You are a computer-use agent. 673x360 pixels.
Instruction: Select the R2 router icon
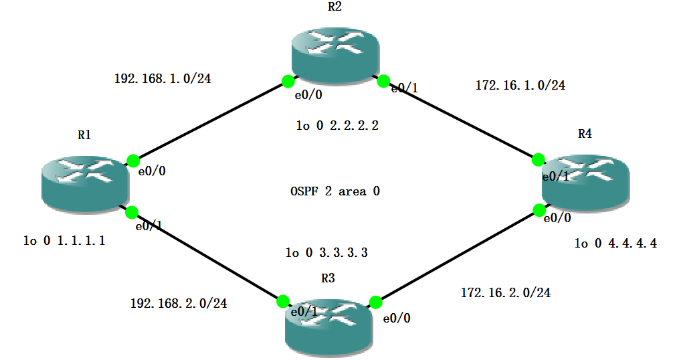point(334,54)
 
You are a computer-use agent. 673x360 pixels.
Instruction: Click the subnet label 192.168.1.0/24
point(163,78)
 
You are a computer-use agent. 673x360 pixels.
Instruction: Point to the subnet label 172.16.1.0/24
point(520,85)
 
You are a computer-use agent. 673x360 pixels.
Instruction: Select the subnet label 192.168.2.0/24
point(178,303)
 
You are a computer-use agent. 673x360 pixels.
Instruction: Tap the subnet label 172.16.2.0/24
point(506,292)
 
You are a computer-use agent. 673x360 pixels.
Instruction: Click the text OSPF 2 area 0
point(335,191)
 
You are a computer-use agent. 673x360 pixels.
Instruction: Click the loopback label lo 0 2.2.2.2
point(336,125)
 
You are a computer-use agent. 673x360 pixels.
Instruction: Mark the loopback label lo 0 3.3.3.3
point(326,253)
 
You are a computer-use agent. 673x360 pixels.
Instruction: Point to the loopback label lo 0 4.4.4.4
point(615,244)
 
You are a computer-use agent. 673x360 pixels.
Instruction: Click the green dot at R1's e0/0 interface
point(133,161)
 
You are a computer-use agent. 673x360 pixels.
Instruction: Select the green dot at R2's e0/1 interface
point(383,82)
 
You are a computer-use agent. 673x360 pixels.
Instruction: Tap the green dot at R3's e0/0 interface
point(376,302)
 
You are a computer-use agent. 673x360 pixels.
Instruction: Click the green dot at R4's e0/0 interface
point(539,210)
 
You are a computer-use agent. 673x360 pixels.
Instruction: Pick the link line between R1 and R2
point(211,120)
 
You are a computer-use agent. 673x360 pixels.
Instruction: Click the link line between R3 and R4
point(458,256)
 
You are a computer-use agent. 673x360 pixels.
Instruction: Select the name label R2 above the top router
point(334,7)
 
